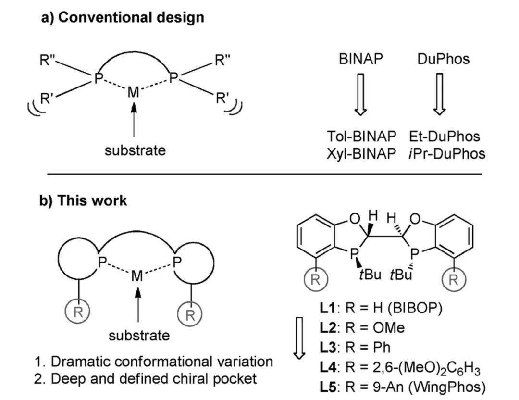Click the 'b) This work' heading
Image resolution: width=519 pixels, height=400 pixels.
click(83, 200)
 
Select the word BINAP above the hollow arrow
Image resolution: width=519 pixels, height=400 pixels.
click(361, 59)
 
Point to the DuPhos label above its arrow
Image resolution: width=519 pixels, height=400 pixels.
click(443, 59)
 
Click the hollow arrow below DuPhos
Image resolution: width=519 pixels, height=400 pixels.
click(439, 94)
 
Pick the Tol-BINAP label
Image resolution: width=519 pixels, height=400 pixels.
click(362, 137)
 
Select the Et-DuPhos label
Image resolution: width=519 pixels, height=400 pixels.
click(445, 137)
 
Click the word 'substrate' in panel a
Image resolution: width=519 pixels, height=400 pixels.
click(135, 150)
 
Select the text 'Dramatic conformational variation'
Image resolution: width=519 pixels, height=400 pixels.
click(161, 361)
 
